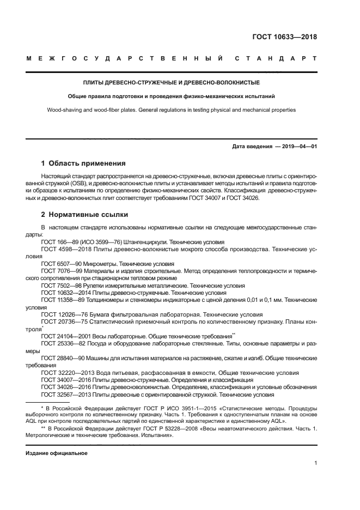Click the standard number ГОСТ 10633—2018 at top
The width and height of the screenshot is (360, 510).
point(284,37)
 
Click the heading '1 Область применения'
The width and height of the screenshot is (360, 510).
point(84,163)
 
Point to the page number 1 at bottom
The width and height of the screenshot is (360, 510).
point(316,464)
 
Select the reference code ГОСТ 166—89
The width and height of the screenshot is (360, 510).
point(60,242)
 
